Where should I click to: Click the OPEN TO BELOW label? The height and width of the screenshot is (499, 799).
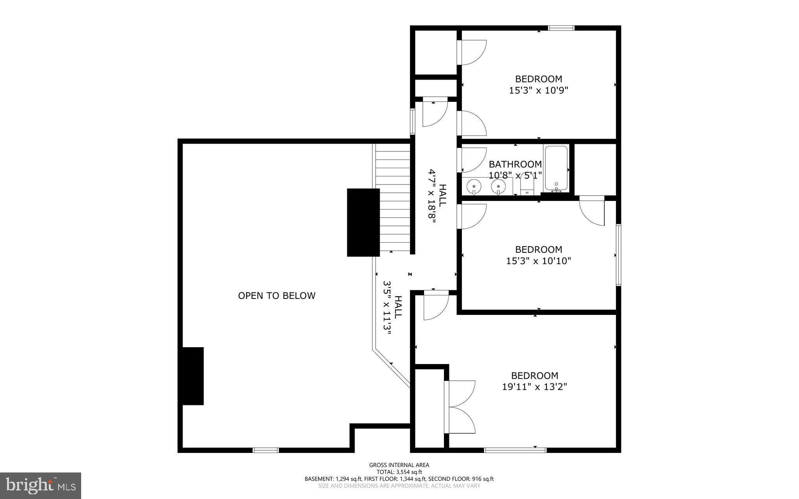pyautogui.click(x=277, y=296)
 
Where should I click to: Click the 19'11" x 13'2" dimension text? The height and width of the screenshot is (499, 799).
pyautogui.click(x=534, y=387)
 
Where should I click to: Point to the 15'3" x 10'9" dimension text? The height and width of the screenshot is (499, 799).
pyautogui.click(x=538, y=91)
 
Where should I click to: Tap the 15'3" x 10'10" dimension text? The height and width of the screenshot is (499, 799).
pyautogui.click(x=538, y=261)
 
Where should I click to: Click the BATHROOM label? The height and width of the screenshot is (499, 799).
pyautogui.click(x=515, y=164)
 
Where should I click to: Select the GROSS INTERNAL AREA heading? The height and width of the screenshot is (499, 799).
pyautogui.click(x=399, y=465)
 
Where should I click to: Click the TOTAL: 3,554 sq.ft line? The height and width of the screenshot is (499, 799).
pyautogui.click(x=399, y=472)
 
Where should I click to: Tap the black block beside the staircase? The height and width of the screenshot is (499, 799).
pyautogui.click(x=363, y=222)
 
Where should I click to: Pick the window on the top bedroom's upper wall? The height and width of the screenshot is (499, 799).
pyautogui.click(x=561, y=28)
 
